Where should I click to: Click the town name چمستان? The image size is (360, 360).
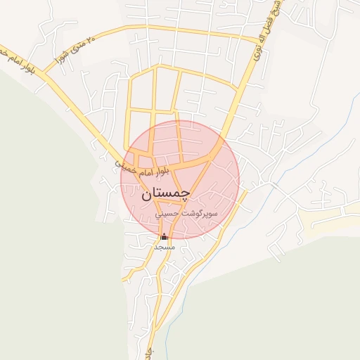click(x=166, y=194)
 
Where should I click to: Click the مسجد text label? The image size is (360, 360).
click(x=164, y=247)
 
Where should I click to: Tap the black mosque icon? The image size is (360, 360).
click(x=165, y=237)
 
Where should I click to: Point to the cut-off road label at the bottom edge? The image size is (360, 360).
click(x=148, y=351)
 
